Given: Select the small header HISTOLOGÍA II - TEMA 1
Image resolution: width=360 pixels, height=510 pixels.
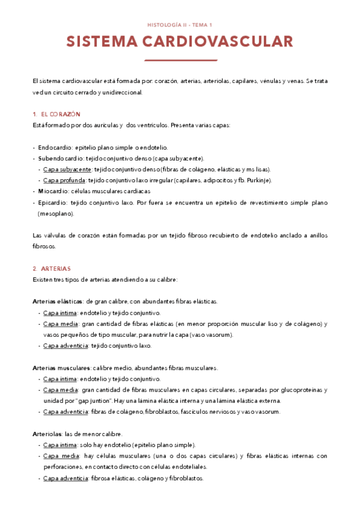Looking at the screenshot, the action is click(x=180, y=25).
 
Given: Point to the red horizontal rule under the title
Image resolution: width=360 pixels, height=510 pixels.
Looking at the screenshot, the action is click(x=180, y=60).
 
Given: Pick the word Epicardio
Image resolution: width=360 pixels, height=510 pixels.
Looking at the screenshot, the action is click(x=53, y=203).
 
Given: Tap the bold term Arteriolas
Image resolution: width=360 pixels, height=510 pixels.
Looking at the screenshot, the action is click(x=45, y=434).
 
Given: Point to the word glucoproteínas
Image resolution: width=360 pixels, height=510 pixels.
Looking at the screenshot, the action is click(x=294, y=390).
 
